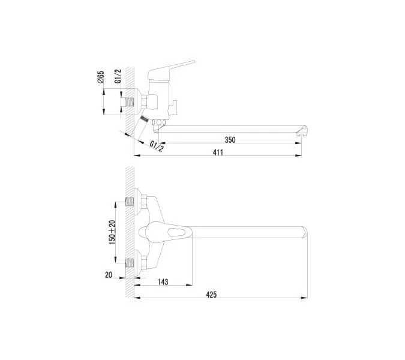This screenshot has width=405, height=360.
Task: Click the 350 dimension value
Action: pyautogui.click(x=230, y=140)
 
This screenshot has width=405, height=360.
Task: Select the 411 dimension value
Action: pyautogui.click(x=218, y=152)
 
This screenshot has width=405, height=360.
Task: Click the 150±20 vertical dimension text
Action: pyautogui.click(x=111, y=232)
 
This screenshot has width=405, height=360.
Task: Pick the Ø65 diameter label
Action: pyautogui.click(x=101, y=78)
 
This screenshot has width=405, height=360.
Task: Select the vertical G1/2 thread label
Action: pyautogui.click(x=118, y=77)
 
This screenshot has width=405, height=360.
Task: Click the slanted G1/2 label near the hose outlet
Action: pyautogui.click(x=156, y=146)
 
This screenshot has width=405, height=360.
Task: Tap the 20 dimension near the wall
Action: pyautogui.click(x=109, y=275)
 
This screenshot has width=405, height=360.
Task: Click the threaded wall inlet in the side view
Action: pyautogui.click(x=127, y=101)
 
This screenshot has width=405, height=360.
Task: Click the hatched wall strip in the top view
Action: pyautogui.click(x=128, y=234)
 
